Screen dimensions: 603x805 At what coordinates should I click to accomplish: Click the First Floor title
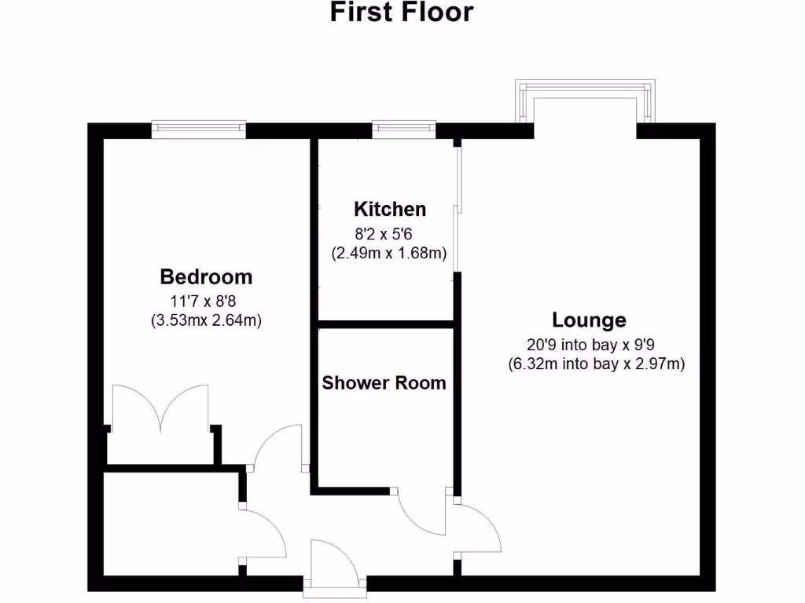402,13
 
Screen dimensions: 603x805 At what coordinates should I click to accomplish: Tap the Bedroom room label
206,277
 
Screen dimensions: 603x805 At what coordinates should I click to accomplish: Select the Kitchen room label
390,210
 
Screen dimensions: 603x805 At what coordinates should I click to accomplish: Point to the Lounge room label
589,320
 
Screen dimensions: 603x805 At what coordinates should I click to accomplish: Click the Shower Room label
384,383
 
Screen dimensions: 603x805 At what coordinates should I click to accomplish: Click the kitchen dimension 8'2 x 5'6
389,232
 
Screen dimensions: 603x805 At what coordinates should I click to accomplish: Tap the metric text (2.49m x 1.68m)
389,253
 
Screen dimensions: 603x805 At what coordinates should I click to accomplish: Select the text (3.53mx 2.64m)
206,320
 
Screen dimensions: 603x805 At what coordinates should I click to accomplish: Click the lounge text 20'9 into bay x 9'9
589,343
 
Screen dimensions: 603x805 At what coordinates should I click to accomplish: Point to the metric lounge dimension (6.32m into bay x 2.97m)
597,364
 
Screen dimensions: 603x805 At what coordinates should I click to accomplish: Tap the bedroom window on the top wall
199,130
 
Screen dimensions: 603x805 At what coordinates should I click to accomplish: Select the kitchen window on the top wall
403,130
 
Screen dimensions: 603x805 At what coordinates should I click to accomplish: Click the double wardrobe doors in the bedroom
161,408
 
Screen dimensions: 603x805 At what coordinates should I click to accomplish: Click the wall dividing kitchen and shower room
386,323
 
